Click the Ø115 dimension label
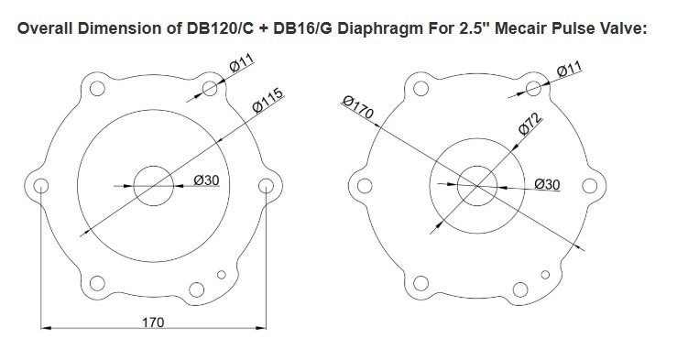(x=268, y=100)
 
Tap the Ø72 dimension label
(x=530, y=124)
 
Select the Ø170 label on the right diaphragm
(x=357, y=107)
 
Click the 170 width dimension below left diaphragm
(x=153, y=322)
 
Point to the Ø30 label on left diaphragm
(x=206, y=180)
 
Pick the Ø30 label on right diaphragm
(x=547, y=184)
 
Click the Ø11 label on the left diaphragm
(x=242, y=63)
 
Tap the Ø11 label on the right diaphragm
(x=570, y=69)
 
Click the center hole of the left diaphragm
(x=154, y=186)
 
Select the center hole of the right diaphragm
(x=477, y=186)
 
